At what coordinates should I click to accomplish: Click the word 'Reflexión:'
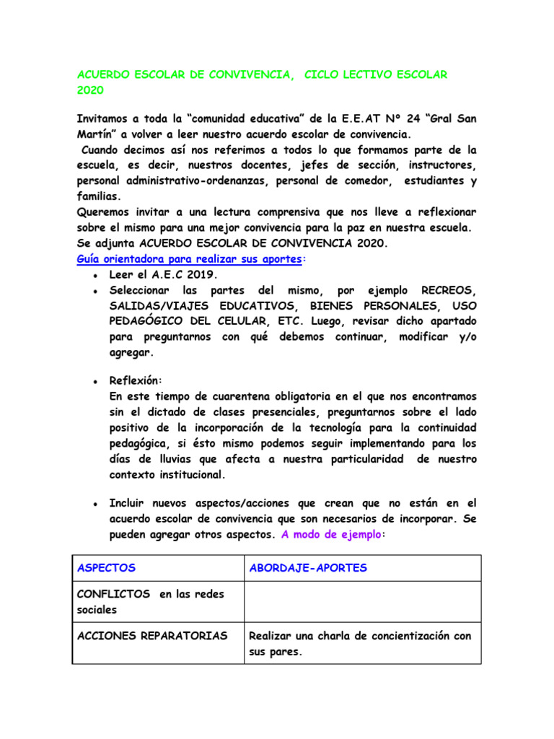point(136,380)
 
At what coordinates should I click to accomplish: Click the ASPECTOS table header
point(106,568)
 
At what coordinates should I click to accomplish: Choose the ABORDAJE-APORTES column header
point(308,568)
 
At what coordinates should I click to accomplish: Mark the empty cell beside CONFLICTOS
point(362,602)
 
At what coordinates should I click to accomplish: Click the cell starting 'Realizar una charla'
point(360,643)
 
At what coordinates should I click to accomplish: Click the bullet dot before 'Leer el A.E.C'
point(95,276)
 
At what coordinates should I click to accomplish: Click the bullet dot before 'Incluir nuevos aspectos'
point(95,504)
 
